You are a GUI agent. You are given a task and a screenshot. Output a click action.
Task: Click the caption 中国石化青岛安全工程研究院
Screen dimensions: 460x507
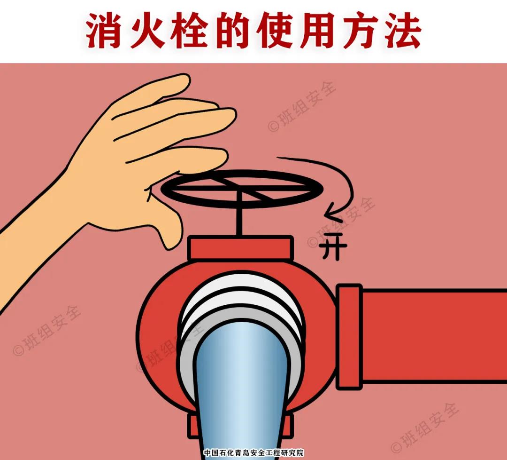[x=253, y=453]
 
